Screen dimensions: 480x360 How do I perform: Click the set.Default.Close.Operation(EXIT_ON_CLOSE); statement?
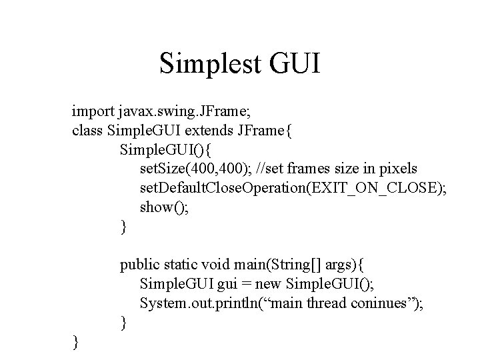click(x=293, y=188)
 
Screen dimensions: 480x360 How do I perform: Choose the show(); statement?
click(x=165, y=207)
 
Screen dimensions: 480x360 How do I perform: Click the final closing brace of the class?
click(x=75, y=343)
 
